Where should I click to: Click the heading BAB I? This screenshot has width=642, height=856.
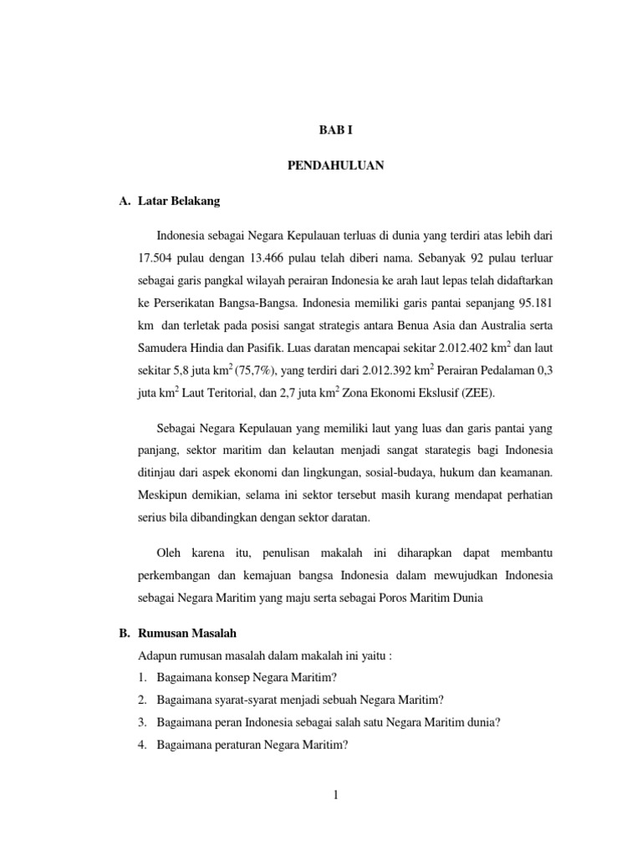tap(335, 131)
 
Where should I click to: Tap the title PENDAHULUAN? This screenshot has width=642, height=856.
tap(335, 166)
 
